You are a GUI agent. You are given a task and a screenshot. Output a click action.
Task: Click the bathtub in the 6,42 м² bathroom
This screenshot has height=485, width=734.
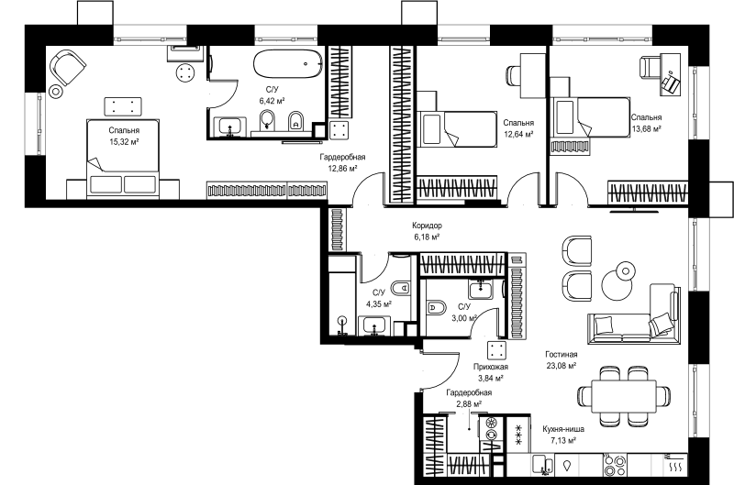tap(288, 63)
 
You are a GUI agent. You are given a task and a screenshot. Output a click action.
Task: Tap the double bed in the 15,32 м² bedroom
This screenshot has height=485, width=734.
tap(124, 159)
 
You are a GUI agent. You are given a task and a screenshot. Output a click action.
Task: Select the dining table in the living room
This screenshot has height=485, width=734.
tap(624, 396)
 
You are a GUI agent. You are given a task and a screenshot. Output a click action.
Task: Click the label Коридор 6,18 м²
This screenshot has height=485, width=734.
tap(427, 231)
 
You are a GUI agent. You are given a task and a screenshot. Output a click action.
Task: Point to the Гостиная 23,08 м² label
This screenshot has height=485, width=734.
tap(562, 360)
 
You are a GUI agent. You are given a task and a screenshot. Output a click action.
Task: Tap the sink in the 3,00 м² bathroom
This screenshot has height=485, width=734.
tap(479, 288)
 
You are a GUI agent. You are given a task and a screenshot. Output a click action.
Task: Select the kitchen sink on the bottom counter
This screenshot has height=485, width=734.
tap(543, 465)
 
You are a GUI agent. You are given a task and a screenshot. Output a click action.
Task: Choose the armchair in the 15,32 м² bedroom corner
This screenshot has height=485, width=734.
tap(68, 67)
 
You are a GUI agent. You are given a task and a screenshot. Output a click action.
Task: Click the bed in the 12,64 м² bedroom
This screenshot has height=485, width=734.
tap(456, 129)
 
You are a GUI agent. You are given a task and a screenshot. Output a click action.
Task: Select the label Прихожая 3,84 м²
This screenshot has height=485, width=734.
tap(490, 372)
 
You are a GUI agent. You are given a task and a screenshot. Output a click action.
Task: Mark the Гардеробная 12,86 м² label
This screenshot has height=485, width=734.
tap(342, 163)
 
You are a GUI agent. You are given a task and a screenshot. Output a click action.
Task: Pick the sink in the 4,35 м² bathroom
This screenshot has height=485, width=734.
tap(374, 325)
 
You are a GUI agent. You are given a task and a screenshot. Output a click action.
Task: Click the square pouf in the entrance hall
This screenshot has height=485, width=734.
tap(496, 351)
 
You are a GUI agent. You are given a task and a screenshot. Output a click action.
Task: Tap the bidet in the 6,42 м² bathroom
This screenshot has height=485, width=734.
tap(295, 121)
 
